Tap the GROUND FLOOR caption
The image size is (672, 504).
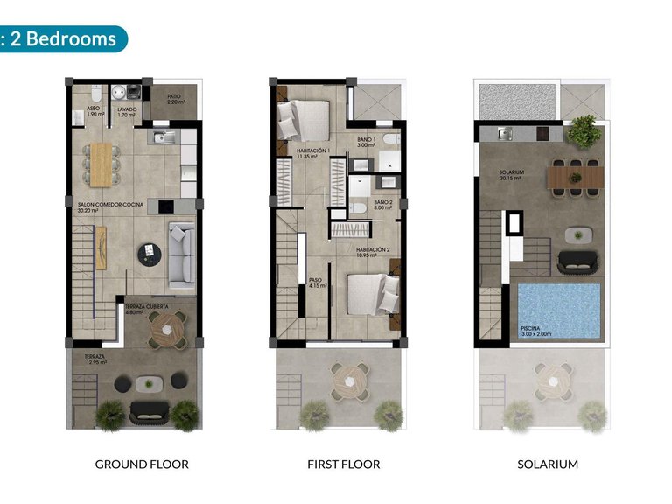142,464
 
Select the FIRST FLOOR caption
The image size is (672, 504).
344,464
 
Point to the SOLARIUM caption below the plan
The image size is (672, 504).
548,464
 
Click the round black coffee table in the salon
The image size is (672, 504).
150,254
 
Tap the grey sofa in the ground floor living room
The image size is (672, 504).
181,254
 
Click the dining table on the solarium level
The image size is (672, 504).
576,178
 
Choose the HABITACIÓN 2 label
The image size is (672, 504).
372,251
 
